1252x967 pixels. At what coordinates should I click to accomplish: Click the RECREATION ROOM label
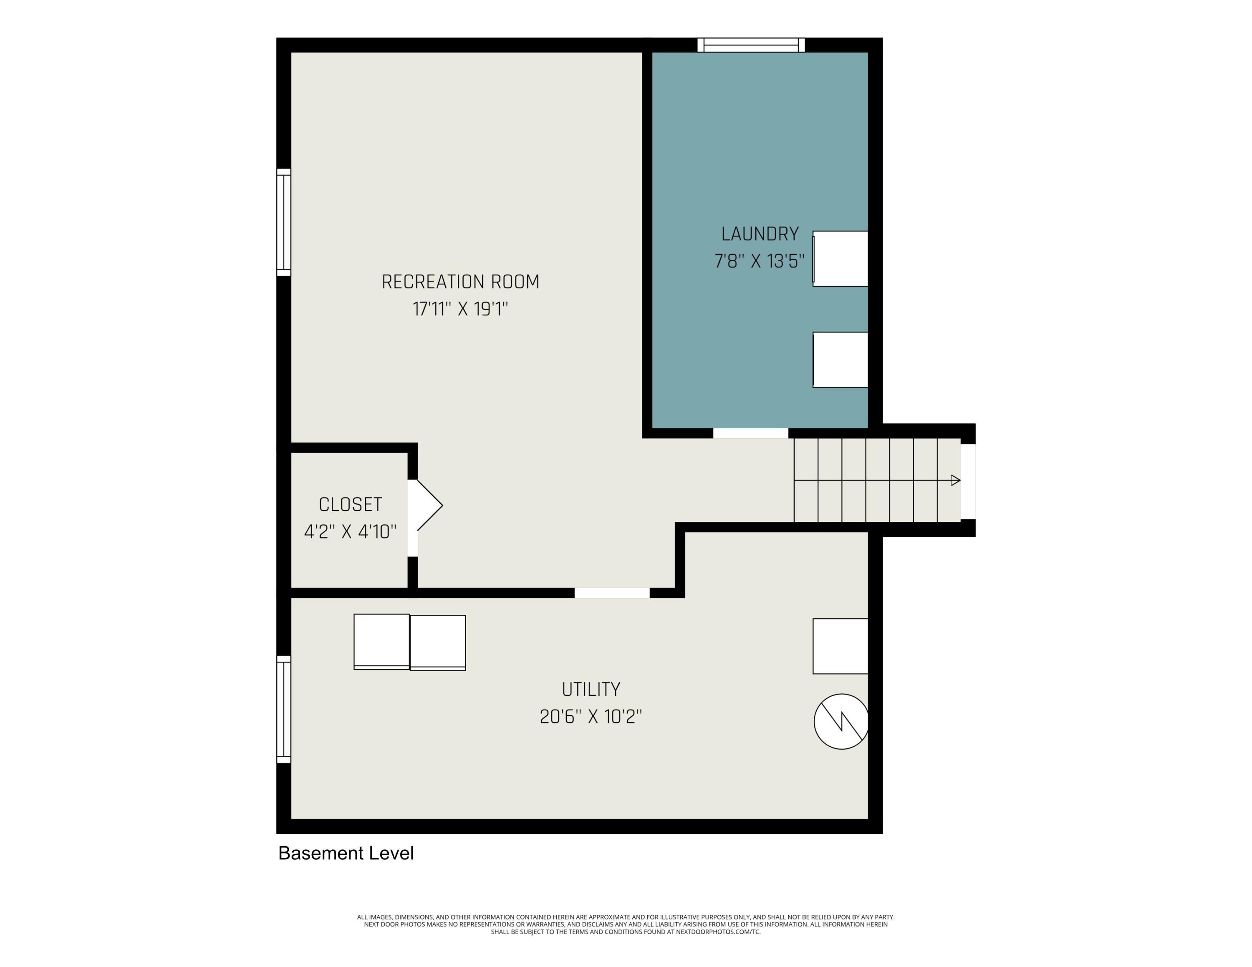pyautogui.click(x=460, y=282)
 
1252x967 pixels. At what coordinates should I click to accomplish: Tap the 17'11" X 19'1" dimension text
pyautogui.click(x=460, y=310)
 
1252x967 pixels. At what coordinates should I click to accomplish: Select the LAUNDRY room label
pyautogui.click(x=760, y=234)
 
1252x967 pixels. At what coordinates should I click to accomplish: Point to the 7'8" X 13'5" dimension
pyautogui.click(x=760, y=261)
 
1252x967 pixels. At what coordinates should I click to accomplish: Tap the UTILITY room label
pyautogui.click(x=591, y=689)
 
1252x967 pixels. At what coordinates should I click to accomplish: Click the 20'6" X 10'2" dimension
pyautogui.click(x=591, y=717)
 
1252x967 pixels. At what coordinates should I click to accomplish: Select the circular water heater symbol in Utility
pyautogui.click(x=841, y=721)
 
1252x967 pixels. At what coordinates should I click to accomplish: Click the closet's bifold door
pyautogui.click(x=425, y=505)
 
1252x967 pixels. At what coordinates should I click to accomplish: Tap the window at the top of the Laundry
pyautogui.click(x=751, y=45)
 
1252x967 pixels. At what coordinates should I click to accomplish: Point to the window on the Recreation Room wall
pyautogui.click(x=284, y=222)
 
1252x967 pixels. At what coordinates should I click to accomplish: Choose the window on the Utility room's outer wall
pyautogui.click(x=284, y=709)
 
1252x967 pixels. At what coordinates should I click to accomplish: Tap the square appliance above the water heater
pyautogui.click(x=841, y=646)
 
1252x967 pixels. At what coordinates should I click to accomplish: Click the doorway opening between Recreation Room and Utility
pyautogui.click(x=612, y=593)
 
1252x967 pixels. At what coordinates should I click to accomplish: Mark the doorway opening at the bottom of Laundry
pyautogui.click(x=751, y=433)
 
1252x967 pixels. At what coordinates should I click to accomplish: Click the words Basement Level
pyautogui.click(x=346, y=853)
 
